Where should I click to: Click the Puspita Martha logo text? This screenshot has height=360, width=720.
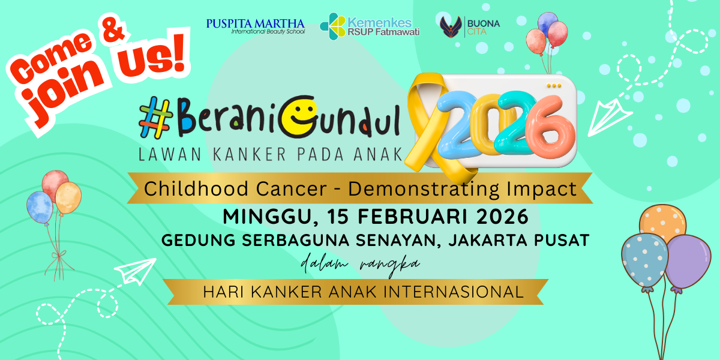[256, 26]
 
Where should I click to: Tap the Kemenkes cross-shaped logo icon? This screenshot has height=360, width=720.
[332, 26]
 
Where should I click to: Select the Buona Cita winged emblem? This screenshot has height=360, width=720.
[451, 27]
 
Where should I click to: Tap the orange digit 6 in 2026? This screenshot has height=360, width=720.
[550, 128]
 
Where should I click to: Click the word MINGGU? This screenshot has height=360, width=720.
[267, 217]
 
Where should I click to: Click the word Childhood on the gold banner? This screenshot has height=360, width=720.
[196, 188]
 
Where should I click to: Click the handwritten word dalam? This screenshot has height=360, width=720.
[325, 263]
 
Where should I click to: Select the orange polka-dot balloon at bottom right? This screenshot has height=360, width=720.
[663, 223]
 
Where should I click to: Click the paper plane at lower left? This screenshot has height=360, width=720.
[135, 272]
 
